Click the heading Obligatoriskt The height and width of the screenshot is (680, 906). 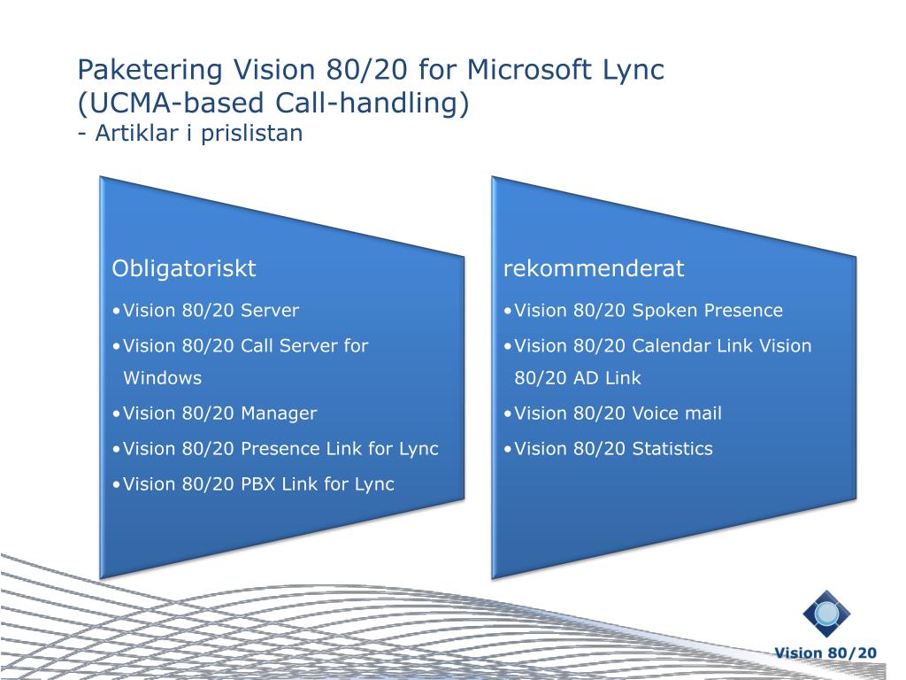(184, 267)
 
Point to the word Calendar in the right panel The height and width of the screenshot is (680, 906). (672, 346)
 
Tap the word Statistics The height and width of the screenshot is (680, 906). (672, 449)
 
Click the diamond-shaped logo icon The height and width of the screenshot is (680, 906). (826, 614)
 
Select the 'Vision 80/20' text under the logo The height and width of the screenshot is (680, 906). (825, 653)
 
